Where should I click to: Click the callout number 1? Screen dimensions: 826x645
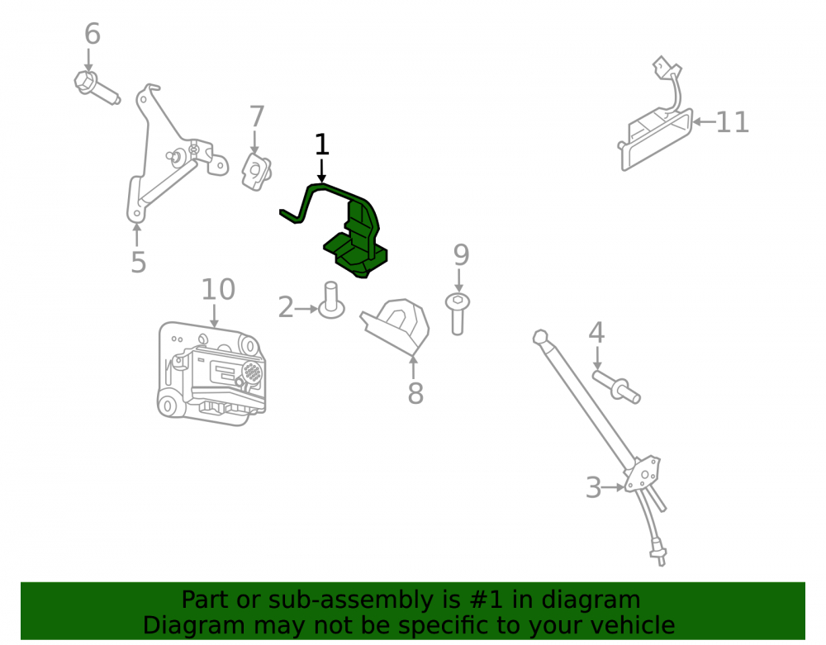coord(321,145)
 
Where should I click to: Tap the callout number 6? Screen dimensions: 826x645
coord(93,34)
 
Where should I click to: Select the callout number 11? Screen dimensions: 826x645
coord(732,122)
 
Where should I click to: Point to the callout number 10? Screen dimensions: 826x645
coord(218,290)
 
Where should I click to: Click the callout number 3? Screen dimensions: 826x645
coord(594,487)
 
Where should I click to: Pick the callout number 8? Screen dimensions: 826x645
coord(415,393)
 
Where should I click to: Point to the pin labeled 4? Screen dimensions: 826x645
coord(616,387)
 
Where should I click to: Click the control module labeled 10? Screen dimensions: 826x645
coord(212,372)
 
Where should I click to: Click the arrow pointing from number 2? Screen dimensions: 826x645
coord(306,309)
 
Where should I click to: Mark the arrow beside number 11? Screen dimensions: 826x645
coord(703,122)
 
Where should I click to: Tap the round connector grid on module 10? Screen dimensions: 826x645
coord(252,372)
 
